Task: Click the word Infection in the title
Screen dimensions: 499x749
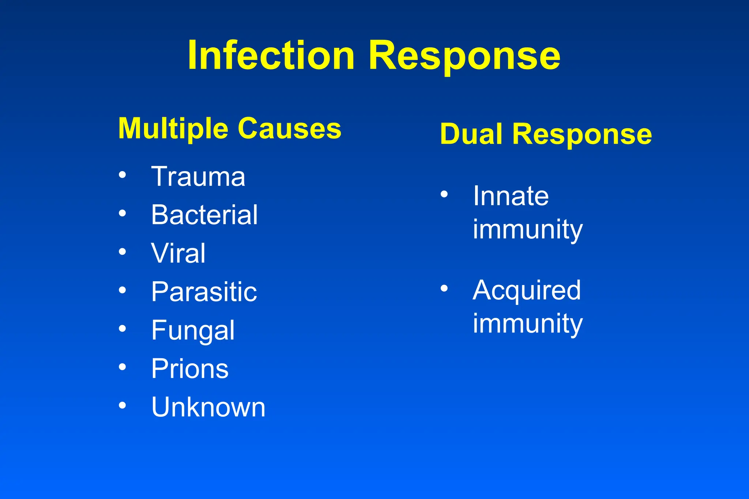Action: pyautogui.click(x=271, y=55)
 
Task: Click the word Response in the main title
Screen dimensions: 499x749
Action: pyautogui.click(x=464, y=55)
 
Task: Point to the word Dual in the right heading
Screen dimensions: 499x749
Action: pyautogui.click(x=471, y=134)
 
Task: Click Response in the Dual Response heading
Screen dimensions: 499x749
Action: pyautogui.click(x=582, y=134)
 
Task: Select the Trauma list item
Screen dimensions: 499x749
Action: pyautogui.click(x=198, y=177)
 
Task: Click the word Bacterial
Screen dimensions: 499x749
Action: pyautogui.click(x=204, y=215)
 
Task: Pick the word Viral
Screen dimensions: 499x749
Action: pyautogui.click(x=178, y=253)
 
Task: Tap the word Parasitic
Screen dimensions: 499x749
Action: pyautogui.click(x=204, y=292)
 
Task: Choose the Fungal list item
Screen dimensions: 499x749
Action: pyautogui.click(x=193, y=330)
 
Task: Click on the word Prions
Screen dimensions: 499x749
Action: pyautogui.click(x=190, y=368)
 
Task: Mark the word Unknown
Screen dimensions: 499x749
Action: pyautogui.click(x=208, y=407)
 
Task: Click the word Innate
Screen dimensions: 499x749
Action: pyautogui.click(x=511, y=196)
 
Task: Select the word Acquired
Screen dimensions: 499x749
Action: pyautogui.click(x=527, y=290)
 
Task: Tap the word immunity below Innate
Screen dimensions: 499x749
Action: pyautogui.click(x=528, y=230)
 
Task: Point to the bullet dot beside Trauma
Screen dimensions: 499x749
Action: pyautogui.click(x=123, y=175)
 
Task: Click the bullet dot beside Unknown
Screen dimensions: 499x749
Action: pyautogui.click(x=123, y=405)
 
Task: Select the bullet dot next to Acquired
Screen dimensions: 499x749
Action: pyautogui.click(x=444, y=288)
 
